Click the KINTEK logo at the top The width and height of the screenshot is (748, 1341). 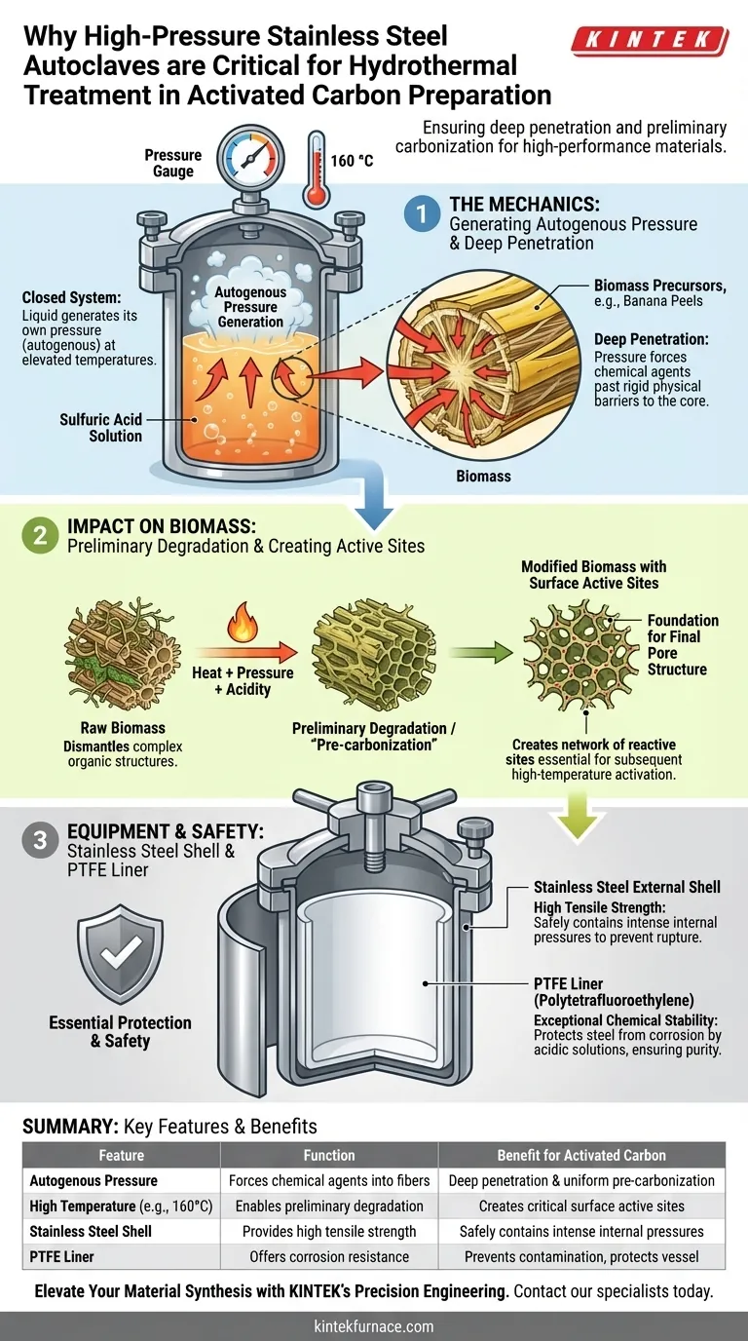[650, 41]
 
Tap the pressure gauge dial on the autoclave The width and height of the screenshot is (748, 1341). [250, 158]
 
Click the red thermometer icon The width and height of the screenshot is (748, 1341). [316, 170]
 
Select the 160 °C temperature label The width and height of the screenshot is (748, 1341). [352, 161]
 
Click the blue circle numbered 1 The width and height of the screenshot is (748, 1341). [423, 213]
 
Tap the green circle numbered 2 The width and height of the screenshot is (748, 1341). [40, 535]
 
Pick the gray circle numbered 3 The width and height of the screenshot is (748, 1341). [40, 840]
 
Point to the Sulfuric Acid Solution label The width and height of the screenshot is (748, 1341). [100, 428]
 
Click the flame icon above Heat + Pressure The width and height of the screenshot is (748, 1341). [243, 622]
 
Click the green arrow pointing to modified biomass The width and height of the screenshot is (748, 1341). [481, 652]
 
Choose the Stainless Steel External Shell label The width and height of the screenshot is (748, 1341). [627, 887]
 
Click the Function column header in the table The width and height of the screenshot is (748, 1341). [329, 1155]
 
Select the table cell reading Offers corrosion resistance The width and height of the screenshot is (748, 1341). [329, 1256]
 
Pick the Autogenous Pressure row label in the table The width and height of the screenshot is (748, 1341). [93, 1180]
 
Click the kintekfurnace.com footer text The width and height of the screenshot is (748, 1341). [374, 1326]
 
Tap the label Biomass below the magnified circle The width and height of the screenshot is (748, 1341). [483, 476]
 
